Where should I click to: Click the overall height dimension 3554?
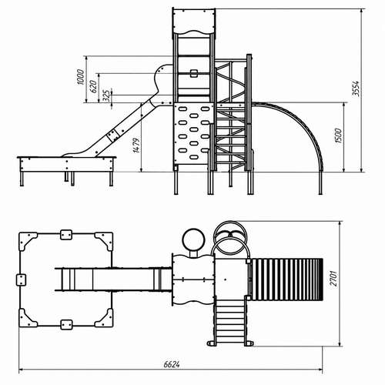coord(356,89)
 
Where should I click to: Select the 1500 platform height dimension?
coord(339,136)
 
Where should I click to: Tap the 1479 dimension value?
coord(136,146)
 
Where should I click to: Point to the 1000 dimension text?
coord(80,77)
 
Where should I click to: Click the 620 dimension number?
coord(94,86)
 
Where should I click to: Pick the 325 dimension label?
coord(107,95)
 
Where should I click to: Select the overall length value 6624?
coord(172,364)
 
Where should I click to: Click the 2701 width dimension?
coord(333,278)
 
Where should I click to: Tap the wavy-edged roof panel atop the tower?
coord(194,22)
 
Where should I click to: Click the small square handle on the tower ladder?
coord(194,73)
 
